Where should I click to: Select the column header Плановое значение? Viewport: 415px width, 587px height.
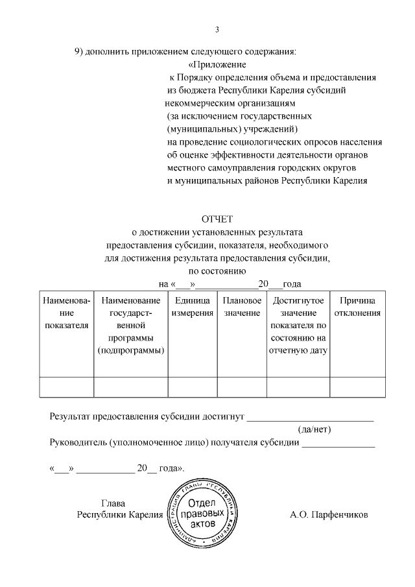[242, 307]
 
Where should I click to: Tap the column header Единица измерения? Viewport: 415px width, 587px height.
[192, 307]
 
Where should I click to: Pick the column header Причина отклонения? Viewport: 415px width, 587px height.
[357, 307]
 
